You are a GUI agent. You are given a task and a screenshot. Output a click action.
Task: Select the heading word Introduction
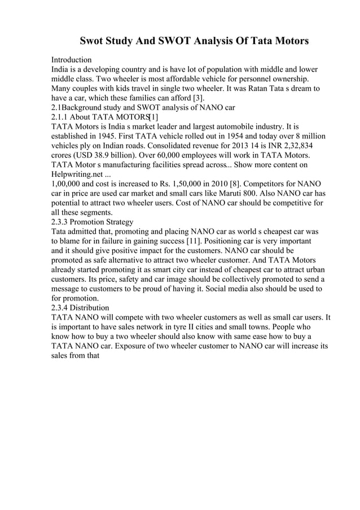point(72,59)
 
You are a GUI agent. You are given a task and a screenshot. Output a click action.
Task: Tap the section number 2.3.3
point(61,222)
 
